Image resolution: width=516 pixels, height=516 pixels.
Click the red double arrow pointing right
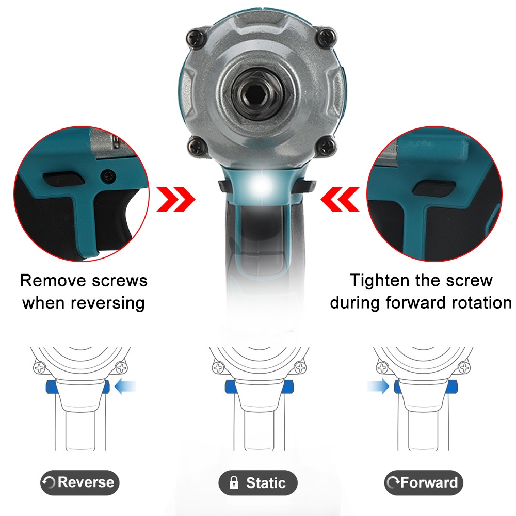(176, 199)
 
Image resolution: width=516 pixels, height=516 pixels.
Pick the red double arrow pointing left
(340, 199)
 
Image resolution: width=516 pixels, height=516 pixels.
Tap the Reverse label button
(79, 482)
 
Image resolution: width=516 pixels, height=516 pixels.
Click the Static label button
(258, 483)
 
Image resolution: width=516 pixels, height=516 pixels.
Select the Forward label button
(424, 483)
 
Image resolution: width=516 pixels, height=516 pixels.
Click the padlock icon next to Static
(234, 482)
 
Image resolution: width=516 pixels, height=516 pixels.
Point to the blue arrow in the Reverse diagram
(125, 386)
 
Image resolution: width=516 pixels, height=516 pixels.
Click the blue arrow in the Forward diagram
(378, 386)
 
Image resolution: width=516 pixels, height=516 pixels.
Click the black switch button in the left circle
(63, 179)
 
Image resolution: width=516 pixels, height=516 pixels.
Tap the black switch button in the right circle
(434, 188)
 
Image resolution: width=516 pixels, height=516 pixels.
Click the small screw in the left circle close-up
(108, 176)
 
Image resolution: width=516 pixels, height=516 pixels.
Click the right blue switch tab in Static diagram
(287, 386)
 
